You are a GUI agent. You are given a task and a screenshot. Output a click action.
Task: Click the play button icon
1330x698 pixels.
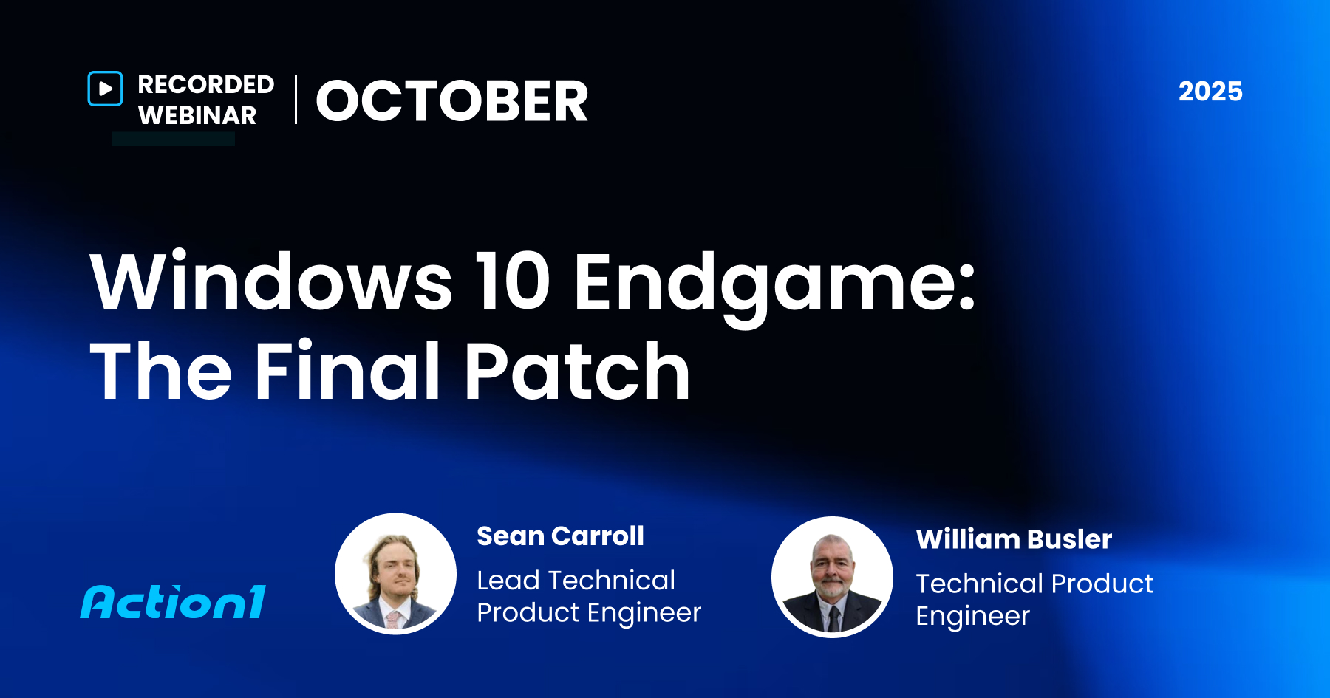tap(106, 89)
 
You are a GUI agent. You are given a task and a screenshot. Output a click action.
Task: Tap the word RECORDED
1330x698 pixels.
tap(205, 85)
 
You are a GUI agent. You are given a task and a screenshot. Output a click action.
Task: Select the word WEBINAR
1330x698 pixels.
tap(197, 116)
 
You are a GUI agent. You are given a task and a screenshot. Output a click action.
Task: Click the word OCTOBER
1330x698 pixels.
tap(452, 101)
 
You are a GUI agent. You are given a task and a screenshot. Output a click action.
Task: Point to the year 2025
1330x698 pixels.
tap(1210, 92)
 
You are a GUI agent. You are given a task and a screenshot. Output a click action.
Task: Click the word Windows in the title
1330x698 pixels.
tap(270, 282)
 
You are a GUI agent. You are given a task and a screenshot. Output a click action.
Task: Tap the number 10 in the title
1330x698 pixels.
tap(513, 282)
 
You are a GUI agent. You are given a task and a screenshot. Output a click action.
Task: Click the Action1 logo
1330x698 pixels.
tap(174, 602)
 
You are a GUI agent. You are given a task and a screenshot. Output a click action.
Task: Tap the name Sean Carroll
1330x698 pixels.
tap(560, 536)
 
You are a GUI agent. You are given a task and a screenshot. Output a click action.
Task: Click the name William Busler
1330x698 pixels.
tap(1014, 540)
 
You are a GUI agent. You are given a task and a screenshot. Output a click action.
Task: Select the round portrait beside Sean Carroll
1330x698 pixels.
tap(395, 574)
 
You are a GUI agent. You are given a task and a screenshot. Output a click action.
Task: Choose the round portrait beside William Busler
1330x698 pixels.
tap(832, 577)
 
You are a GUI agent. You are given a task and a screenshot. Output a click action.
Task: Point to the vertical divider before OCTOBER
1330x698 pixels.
tap(296, 100)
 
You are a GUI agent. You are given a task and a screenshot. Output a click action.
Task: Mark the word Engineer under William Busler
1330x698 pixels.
tap(972, 617)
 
